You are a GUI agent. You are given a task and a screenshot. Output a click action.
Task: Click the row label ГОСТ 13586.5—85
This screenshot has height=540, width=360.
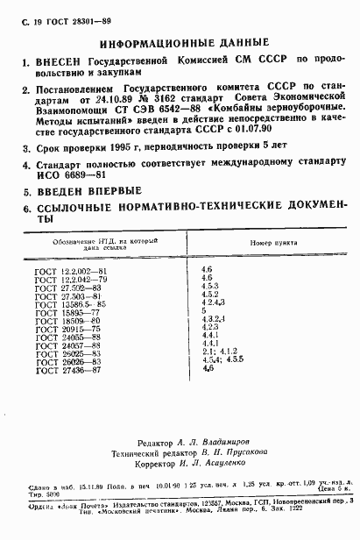point(74,302)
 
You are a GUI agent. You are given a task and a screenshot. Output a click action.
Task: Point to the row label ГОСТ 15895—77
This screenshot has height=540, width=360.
point(70,311)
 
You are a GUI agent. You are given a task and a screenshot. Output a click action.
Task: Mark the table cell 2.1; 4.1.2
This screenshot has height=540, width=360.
point(217,353)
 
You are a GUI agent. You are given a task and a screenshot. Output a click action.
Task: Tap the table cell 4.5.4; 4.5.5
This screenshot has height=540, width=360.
point(220,361)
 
